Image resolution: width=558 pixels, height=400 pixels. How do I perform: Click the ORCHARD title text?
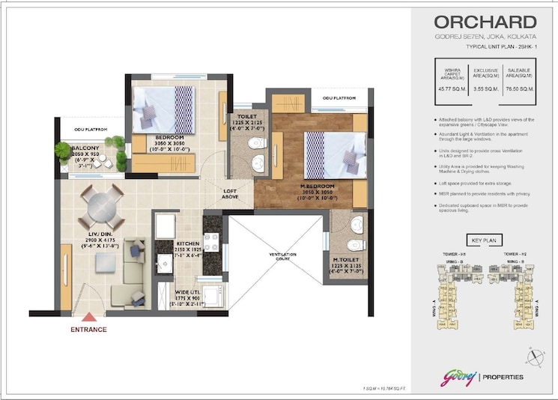click(x=485, y=22)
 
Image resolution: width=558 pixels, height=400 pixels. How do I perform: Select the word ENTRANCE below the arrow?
click(x=88, y=330)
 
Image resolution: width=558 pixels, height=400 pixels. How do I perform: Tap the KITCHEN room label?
click(x=188, y=244)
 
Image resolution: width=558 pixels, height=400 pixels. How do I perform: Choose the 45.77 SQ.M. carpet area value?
click(x=452, y=88)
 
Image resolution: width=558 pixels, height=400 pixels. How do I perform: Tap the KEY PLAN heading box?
click(x=485, y=241)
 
